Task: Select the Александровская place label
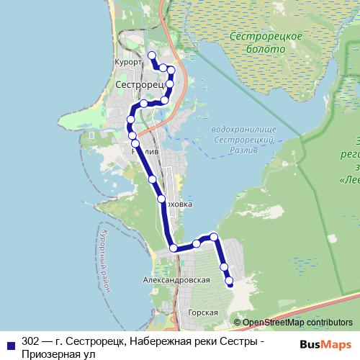176,279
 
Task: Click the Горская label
202,312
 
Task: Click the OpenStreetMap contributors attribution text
297,323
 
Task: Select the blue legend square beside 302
11,343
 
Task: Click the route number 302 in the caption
31,341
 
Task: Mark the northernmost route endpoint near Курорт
151,55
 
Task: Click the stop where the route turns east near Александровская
174,248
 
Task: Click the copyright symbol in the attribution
237,323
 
